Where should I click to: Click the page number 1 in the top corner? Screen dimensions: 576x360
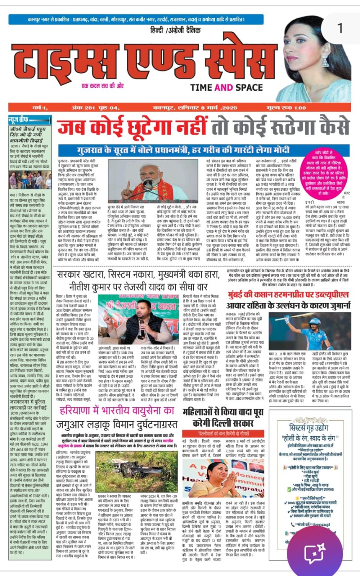pyautogui.click(x=339, y=28)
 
